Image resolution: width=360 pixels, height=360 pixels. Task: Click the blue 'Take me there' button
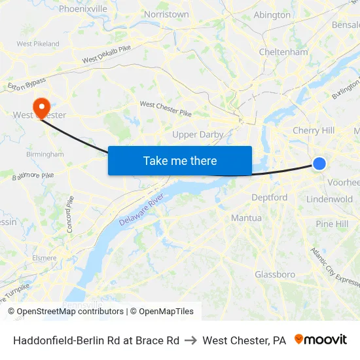pyautogui.click(x=180, y=161)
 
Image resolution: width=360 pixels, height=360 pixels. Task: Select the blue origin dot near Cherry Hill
pyautogui.click(x=319, y=163)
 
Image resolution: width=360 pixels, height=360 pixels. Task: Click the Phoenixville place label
pyautogui.click(x=83, y=9)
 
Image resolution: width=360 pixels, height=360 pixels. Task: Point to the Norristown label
pyautogui.click(x=166, y=14)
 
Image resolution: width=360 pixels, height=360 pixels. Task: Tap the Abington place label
pyautogui.click(x=272, y=15)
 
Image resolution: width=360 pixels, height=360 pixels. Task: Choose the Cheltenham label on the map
pyautogui.click(x=283, y=52)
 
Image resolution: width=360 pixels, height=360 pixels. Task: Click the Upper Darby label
pyautogui.click(x=198, y=135)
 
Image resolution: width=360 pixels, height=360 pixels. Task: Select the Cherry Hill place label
pyautogui.click(x=314, y=130)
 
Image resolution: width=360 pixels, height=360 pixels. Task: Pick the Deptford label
pyautogui.click(x=269, y=197)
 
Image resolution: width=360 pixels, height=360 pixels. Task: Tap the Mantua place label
pyautogui.click(x=246, y=218)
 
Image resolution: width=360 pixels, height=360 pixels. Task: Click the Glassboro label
pyautogui.click(x=275, y=274)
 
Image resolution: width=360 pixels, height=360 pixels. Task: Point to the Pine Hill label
pyautogui.click(x=332, y=224)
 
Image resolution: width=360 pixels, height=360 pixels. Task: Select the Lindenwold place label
pyautogui.click(x=329, y=199)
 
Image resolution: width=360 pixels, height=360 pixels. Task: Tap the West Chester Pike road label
pyautogui.click(x=166, y=108)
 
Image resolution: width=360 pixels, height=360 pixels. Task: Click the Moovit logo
pyautogui.click(x=321, y=340)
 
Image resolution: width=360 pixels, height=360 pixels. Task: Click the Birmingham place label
pyautogui.click(x=45, y=154)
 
